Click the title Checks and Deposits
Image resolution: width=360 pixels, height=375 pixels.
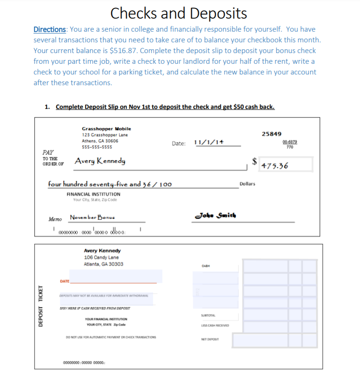click(179, 13)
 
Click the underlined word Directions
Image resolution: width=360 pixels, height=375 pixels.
click(50, 29)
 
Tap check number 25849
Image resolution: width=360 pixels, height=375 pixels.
click(271, 134)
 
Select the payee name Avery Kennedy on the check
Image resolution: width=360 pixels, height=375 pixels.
click(100, 161)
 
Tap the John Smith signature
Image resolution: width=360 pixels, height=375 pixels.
click(217, 215)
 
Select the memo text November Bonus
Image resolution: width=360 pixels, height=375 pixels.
click(93, 217)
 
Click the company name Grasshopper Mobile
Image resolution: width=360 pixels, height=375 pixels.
click(106, 129)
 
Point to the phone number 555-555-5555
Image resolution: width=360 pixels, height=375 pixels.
click(97, 147)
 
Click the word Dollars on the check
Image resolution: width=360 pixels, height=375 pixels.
click(247, 184)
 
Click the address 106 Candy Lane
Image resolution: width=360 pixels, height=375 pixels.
click(101, 257)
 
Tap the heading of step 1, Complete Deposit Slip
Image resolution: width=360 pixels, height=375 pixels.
click(165, 107)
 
